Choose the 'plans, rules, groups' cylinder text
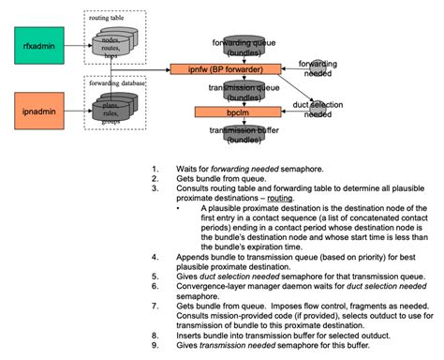coord(118,114)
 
